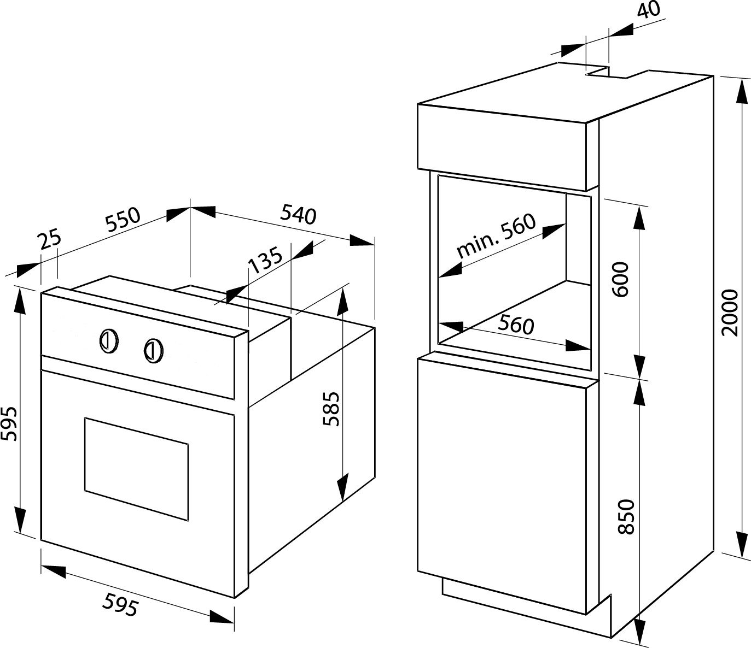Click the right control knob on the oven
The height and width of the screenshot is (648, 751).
click(154, 350)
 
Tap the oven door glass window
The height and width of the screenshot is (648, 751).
click(136, 468)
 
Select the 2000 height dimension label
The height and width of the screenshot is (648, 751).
click(730, 313)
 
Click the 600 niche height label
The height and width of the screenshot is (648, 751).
click(621, 279)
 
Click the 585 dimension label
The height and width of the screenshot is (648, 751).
click(331, 409)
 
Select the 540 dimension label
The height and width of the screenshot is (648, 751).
click(298, 214)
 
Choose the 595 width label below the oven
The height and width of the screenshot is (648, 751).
click(120, 605)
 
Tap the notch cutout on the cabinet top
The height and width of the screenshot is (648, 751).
click(607, 73)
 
